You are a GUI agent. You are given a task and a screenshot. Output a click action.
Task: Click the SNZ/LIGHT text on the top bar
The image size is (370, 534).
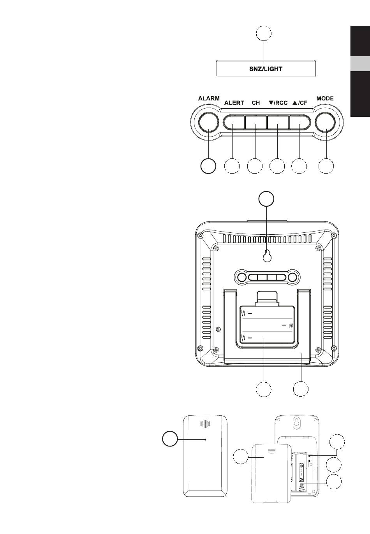click(x=266, y=69)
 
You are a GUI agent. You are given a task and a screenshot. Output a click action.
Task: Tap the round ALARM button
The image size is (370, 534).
click(x=209, y=122)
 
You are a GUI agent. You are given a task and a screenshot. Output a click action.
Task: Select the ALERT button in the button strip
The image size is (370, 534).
click(x=234, y=122)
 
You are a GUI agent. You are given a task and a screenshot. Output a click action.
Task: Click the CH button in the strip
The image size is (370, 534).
click(x=256, y=122)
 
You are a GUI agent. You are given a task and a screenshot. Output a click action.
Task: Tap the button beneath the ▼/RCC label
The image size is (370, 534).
click(x=278, y=122)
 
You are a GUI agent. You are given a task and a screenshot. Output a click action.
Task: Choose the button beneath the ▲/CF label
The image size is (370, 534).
click(x=300, y=122)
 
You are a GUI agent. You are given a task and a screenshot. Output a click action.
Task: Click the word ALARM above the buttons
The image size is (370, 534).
click(x=209, y=98)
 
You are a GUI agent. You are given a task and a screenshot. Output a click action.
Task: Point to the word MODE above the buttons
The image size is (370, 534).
click(x=325, y=98)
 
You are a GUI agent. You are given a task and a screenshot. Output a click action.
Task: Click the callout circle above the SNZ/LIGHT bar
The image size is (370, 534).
click(x=264, y=33)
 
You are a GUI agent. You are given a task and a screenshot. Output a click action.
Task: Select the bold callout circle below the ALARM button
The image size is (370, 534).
click(x=208, y=166)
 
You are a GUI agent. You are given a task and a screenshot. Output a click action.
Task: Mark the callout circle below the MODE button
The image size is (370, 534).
click(x=326, y=166)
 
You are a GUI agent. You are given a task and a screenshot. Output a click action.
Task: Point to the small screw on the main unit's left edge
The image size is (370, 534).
click(x=218, y=329)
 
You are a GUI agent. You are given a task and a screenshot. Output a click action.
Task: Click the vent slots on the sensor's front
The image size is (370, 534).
click(x=205, y=431)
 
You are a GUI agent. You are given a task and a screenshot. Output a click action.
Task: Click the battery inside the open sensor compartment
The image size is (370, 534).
click(x=301, y=475)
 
